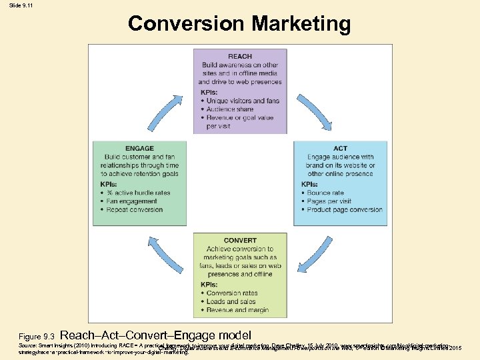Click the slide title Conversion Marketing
[x=239, y=24]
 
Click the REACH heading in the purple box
[x=239, y=55]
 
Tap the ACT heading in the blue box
[x=340, y=148]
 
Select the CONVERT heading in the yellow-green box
[x=240, y=240]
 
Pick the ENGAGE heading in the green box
[x=139, y=148]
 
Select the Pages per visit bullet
[x=329, y=201]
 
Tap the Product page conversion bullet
[x=345, y=210]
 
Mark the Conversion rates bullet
[x=232, y=293]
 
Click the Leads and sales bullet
[x=230, y=301]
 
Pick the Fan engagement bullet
[x=133, y=201]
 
